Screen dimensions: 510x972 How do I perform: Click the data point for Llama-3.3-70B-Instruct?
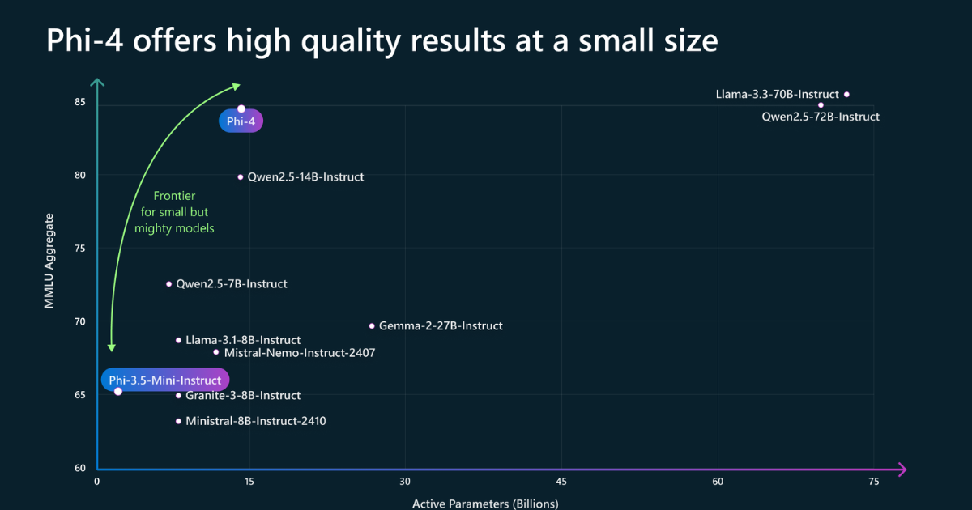tap(846, 95)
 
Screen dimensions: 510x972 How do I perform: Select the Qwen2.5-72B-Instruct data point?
tap(821, 105)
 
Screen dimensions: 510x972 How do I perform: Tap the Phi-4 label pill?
tap(241, 121)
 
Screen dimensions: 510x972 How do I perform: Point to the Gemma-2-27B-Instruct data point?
tap(372, 326)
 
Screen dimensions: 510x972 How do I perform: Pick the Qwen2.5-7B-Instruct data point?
tap(169, 284)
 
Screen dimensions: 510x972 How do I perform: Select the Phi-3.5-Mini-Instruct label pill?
tap(165, 380)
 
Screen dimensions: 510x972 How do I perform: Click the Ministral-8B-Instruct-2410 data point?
tap(179, 421)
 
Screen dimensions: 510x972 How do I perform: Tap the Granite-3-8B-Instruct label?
tap(243, 396)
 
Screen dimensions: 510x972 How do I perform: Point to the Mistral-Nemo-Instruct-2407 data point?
tap(216, 352)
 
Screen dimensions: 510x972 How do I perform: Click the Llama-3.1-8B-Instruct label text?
tap(243, 340)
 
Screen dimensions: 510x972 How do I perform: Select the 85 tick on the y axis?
tap(81, 102)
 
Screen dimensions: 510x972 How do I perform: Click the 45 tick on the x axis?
tap(561, 482)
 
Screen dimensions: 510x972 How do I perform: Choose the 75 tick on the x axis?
tap(873, 482)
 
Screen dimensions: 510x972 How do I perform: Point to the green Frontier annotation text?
tap(174, 212)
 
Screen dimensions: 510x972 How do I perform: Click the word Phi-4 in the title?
tap(84, 40)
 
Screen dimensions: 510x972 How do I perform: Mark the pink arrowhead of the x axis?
tap(901, 470)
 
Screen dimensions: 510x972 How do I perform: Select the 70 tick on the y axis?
tap(81, 321)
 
